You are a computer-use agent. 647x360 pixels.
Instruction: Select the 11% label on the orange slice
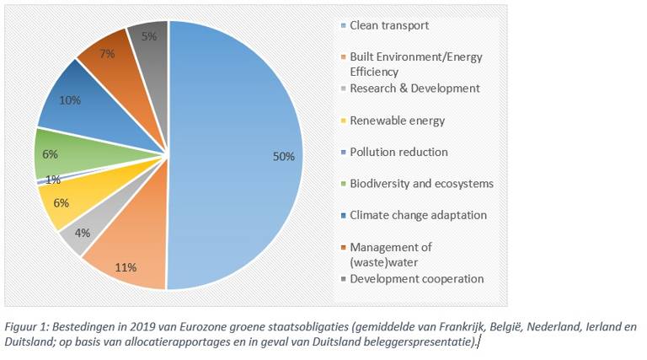click(x=127, y=267)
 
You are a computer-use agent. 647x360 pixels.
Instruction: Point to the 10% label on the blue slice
click(x=71, y=99)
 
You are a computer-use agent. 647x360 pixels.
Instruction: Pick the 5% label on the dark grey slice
click(x=148, y=36)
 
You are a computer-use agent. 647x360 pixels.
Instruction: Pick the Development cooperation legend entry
click(x=416, y=279)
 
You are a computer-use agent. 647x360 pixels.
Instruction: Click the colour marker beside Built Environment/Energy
click(x=344, y=57)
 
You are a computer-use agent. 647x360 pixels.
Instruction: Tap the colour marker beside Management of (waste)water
click(x=344, y=248)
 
